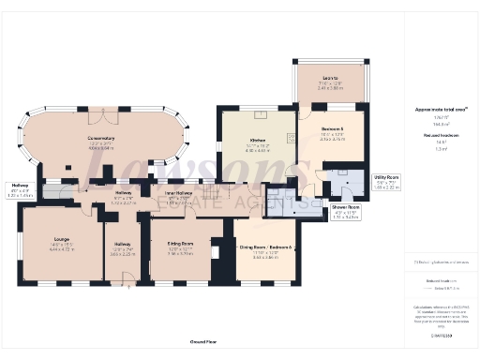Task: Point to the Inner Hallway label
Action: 178,195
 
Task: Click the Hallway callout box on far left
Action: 20,187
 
